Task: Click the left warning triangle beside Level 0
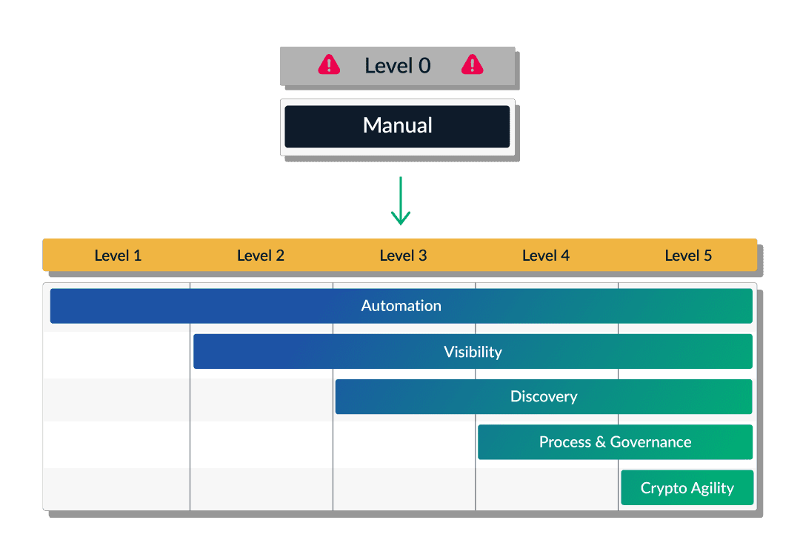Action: [x=329, y=66]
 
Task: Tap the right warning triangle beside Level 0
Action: [x=472, y=66]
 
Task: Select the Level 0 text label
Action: [x=397, y=66]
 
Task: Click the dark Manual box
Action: [x=397, y=126]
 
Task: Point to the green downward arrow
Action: [x=400, y=201]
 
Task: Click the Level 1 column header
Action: [x=118, y=256]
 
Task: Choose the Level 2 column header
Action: [x=261, y=256]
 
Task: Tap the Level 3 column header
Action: [x=403, y=256]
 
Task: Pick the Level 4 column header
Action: [x=546, y=256]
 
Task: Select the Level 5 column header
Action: [x=688, y=256]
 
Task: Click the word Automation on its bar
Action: [x=401, y=306]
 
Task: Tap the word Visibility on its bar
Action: [x=473, y=352]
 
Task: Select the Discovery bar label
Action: [x=544, y=397]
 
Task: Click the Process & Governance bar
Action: [x=615, y=442]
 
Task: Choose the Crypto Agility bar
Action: [x=687, y=488]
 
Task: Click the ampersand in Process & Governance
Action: [x=600, y=442]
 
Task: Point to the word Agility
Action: [x=712, y=488]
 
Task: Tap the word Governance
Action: [x=650, y=442]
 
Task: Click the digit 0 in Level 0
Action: [x=424, y=66]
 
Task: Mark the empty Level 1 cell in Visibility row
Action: [x=118, y=352]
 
